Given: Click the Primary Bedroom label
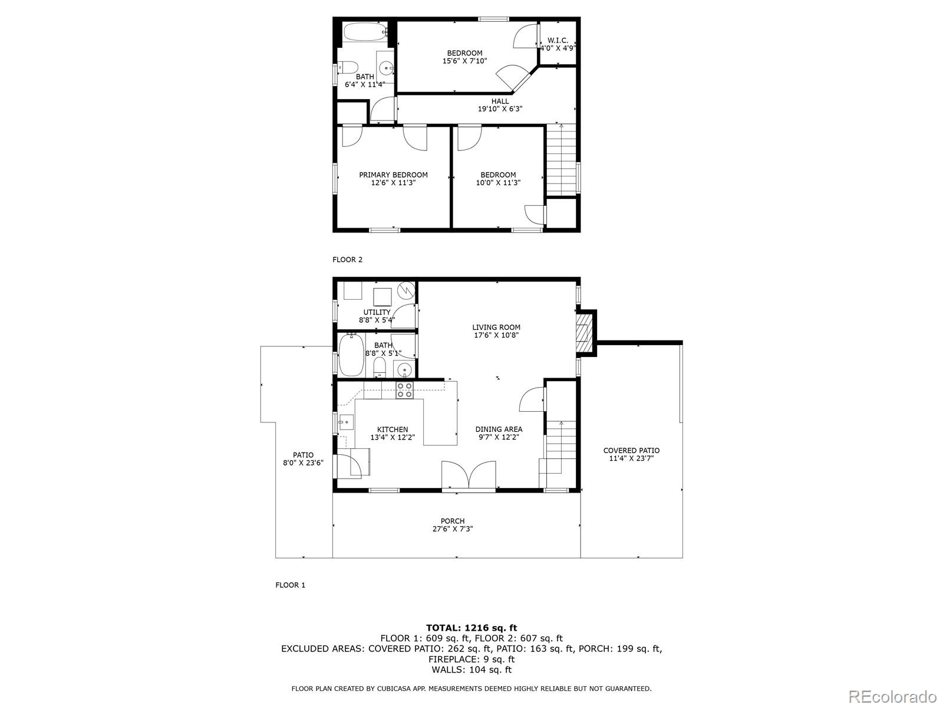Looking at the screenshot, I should coord(393,175).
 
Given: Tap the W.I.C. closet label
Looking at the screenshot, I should coord(558,40).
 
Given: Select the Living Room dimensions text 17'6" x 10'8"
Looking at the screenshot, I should coord(496,335).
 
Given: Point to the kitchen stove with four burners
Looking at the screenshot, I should coord(404,391).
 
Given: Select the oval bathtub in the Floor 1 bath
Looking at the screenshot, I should coord(351,355).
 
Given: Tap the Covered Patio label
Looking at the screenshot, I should coord(631,451).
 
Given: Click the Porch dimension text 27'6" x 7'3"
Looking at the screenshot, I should coord(452,529).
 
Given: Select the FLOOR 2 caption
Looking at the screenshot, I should coord(348,260).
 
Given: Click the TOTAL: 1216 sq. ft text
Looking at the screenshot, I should coord(471,628).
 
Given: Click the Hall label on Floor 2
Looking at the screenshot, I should coord(500,101).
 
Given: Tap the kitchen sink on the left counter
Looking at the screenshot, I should coord(346,422).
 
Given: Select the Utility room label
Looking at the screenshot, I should coord(377,312).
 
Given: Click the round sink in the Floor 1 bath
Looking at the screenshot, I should coord(404,371).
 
